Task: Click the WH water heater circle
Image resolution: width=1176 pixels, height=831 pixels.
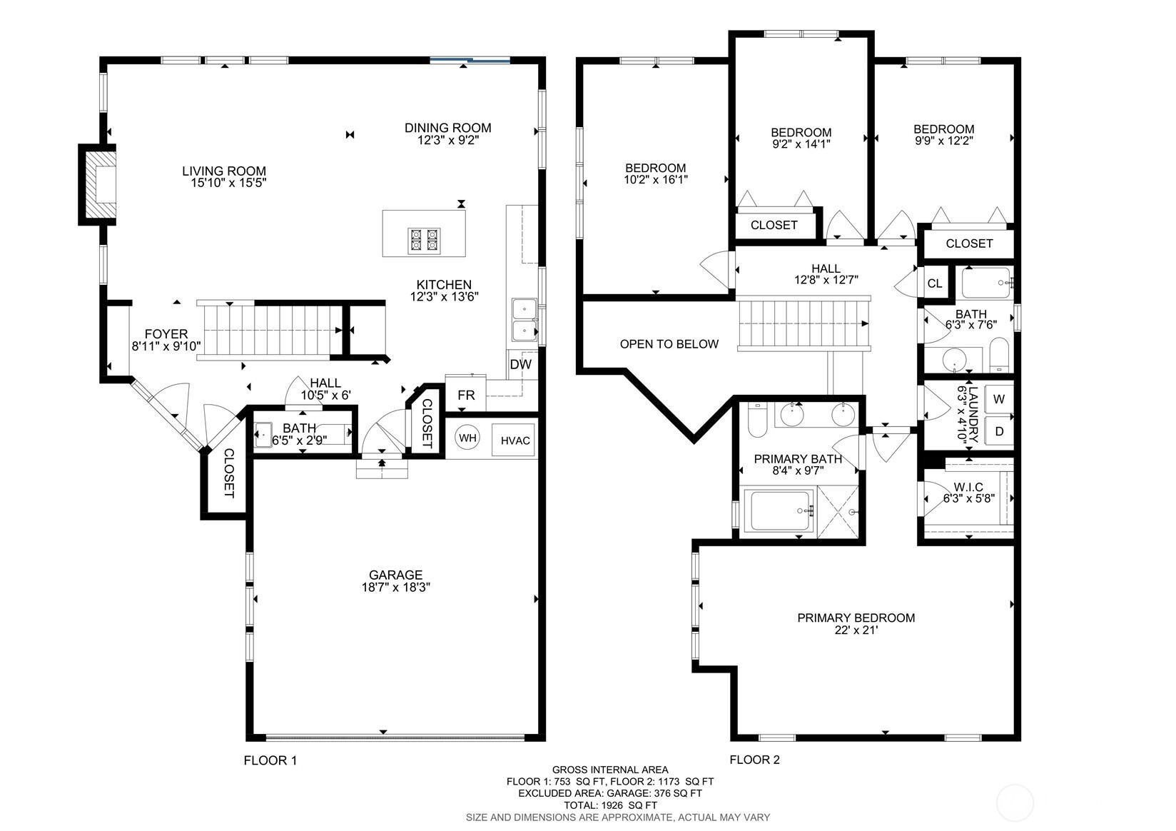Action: (x=467, y=437)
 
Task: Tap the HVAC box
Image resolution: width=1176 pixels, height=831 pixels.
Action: (x=513, y=440)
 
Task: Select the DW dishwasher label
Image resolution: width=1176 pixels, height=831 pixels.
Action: (x=521, y=364)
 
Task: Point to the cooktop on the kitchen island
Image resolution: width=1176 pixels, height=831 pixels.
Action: (x=424, y=241)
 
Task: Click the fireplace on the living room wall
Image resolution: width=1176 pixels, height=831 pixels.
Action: (x=98, y=184)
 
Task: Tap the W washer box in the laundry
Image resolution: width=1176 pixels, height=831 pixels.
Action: (x=998, y=398)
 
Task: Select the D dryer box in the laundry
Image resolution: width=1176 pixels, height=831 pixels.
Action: (x=998, y=431)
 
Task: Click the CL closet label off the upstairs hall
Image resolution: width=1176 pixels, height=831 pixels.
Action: (x=935, y=283)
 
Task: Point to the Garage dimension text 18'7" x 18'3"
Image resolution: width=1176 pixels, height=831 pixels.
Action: (x=396, y=587)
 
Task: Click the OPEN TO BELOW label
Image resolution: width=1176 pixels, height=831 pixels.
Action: (x=669, y=344)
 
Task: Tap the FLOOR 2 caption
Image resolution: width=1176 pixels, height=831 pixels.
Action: (x=754, y=759)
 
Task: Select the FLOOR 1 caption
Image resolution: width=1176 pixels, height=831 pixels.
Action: (x=270, y=760)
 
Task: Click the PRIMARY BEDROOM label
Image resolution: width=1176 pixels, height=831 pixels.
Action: (x=856, y=618)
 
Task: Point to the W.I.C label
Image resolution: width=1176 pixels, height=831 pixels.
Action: (x=968, y=487)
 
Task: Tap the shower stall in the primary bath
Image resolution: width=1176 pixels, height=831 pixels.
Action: (x=837, y=512)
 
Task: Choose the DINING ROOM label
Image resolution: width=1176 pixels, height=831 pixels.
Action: (x=448, y=128)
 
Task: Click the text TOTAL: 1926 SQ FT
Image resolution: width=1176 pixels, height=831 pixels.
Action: (x=611, y=805)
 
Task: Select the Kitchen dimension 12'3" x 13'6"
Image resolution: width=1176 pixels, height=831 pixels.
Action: (x=444, y=297)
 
